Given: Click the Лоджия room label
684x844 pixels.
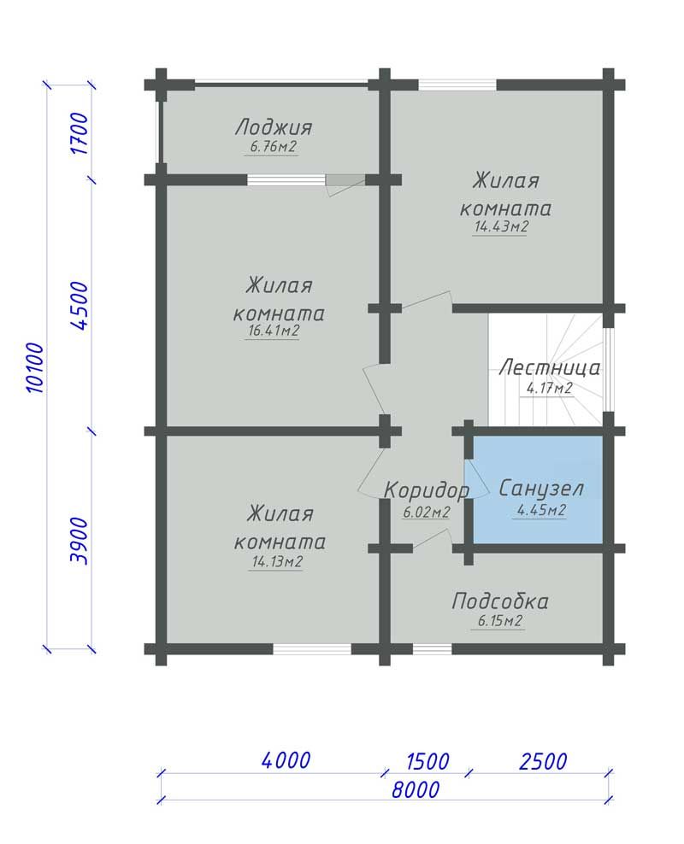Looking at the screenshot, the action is [x=274, y=127].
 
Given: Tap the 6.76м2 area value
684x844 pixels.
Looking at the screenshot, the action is [x=273, y=147].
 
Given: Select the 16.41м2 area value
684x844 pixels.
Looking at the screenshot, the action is [x=274, y=331].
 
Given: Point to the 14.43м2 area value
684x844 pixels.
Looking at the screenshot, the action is [x=501, y=226].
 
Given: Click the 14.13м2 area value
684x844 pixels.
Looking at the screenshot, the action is [x=277, y=562].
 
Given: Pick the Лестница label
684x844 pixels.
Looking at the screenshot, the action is [x=549, y=368].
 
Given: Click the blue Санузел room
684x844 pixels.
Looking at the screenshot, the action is [x=538, y=489].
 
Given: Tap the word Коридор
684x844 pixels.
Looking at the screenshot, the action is [x=427, y=490].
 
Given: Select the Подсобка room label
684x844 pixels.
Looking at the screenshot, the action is [x=500, y=601].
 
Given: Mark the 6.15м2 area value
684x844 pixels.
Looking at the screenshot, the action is [x=500, y=621].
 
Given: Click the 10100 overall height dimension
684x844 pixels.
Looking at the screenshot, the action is [x=34, y=367].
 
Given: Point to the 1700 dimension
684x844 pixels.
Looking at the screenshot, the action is [x=80, y=133].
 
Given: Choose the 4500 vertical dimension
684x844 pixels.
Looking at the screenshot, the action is [x=80, y=305].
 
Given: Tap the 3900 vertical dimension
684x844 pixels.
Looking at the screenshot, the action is [x=80, y=541].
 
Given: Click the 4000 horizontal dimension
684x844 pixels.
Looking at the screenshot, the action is [x=286, y=760].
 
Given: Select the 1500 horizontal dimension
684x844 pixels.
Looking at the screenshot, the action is [x=427, y=762].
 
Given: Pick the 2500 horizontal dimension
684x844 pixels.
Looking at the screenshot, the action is [x=543, y=762].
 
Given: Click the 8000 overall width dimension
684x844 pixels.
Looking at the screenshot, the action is [x=416, y=790].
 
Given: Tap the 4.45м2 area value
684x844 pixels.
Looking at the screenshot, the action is [x=540, y=510].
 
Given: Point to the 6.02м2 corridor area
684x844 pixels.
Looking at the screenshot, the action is [x=426, y=513].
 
